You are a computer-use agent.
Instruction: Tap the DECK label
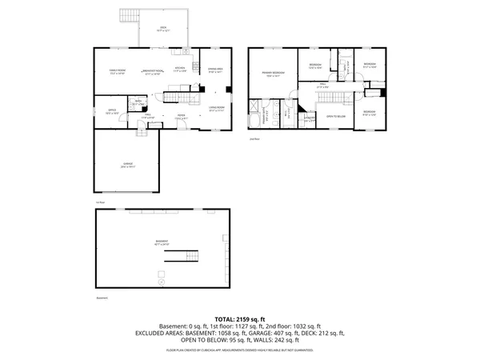(162, 28)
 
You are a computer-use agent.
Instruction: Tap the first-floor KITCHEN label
(181, 69)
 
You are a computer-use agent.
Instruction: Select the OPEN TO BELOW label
(335, 117)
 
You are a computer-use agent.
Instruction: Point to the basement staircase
(182, 256)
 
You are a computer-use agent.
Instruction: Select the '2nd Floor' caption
(255, 139)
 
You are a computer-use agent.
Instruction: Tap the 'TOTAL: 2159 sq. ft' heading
(240, 318)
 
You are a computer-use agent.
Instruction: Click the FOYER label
(182, 117)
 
